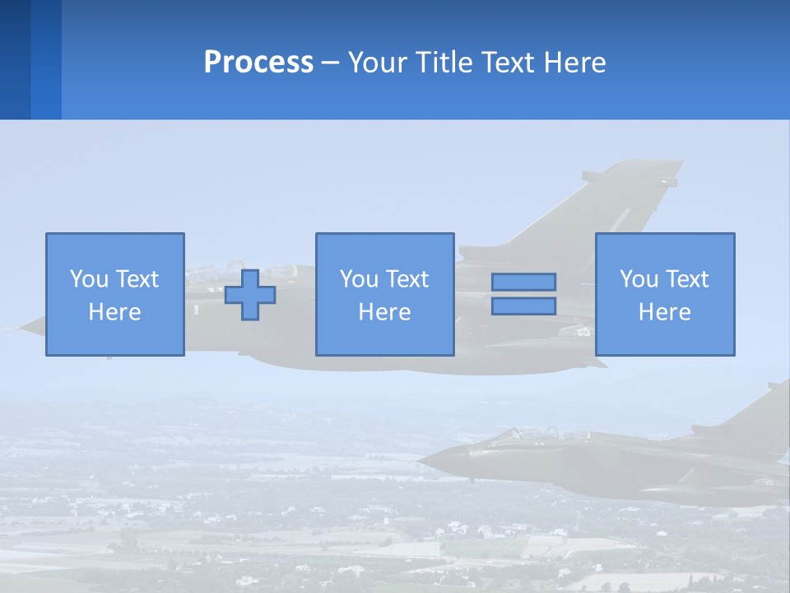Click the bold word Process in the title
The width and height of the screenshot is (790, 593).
tap(258, 63)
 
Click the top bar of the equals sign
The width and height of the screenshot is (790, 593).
tap(523, 282)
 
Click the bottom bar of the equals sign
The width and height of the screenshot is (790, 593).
tap(523, 306)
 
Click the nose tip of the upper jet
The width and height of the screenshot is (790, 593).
tap(23, 328)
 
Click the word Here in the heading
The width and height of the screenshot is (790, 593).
tap(574, 63)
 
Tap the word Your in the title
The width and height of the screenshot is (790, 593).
tap(379, 63)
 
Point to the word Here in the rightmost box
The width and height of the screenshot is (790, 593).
tap(665, 312)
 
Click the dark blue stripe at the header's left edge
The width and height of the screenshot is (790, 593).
tap(15, 59)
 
